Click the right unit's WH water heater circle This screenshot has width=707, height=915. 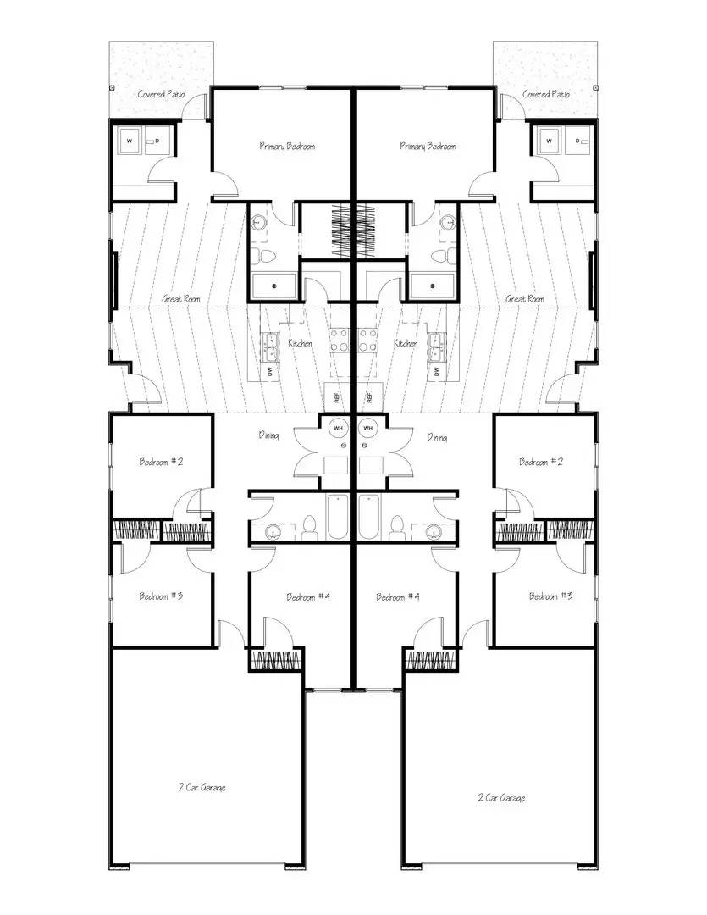tap(367, 428)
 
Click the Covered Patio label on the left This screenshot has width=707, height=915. tap(161, 94)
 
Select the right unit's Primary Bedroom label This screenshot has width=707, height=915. tap(428, 147)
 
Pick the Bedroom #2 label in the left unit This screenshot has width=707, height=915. tap(161, 463)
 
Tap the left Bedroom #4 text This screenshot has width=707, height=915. tap(308, 597)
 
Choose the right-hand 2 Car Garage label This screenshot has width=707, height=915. tap(501, 797)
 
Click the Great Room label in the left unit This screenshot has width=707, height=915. tap(180, 299)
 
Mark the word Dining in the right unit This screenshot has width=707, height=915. tap(437, 437)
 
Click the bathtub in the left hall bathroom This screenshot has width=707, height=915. tap(337, 518)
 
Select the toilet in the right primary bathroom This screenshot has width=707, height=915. tap(439, 255)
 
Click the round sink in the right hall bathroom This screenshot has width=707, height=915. tap(434, 532)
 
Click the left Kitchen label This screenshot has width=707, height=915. tap(300, 344)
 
